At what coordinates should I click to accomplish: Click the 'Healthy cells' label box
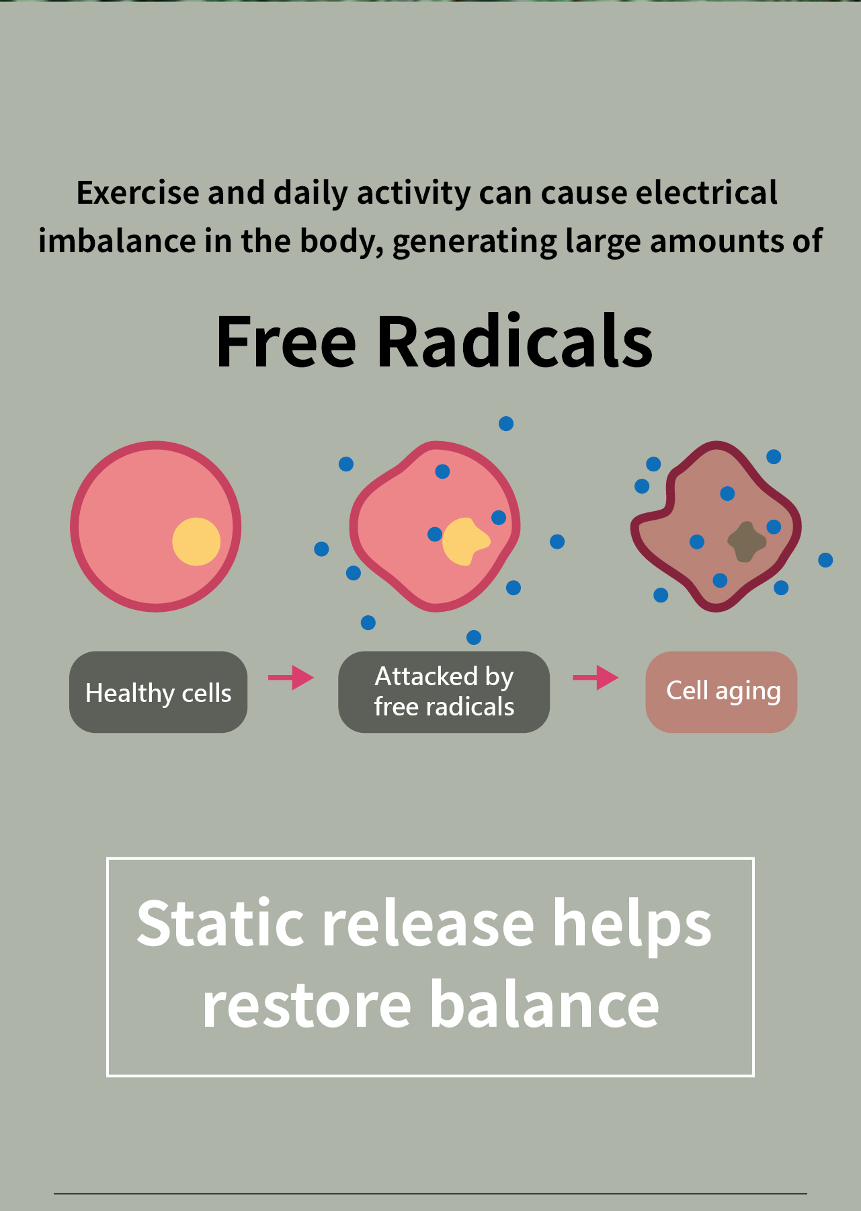158,692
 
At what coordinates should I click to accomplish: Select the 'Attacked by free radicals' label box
444,692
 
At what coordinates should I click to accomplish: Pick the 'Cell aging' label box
721,692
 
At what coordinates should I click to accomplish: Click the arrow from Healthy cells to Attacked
291,677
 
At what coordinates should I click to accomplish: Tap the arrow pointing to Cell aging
596,677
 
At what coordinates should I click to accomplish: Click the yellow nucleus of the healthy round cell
196,541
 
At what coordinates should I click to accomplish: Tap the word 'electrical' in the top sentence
706,193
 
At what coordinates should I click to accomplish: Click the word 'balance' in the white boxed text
544,1005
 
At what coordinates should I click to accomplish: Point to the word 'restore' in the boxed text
306,1005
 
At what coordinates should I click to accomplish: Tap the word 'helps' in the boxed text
632,925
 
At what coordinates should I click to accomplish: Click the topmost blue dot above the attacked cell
506,424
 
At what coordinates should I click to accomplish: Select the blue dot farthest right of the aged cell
825,560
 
